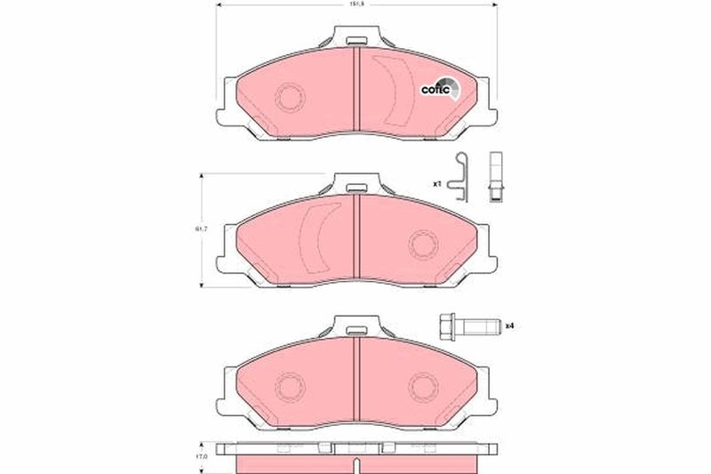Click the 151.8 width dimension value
tap(355, 5)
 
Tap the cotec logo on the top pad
tap(439, 88)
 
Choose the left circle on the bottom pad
tap(290, 387)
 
